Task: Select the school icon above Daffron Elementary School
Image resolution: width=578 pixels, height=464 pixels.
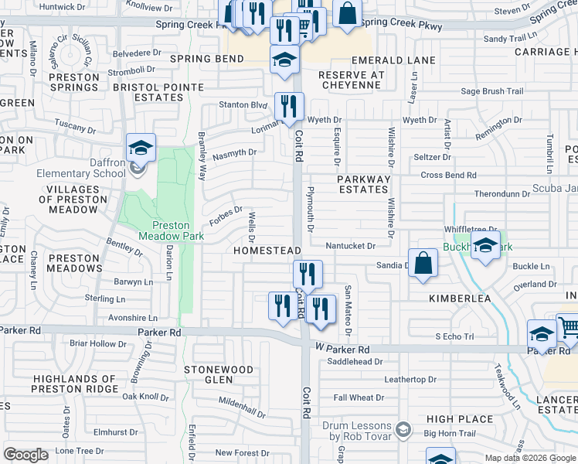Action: [x=141, y=148]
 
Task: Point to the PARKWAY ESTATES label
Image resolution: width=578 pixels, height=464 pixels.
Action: [x=364, y=184]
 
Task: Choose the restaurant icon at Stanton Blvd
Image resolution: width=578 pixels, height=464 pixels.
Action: [x=290, y=107]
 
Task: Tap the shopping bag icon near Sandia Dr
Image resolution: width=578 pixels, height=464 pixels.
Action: [x=424, y=263]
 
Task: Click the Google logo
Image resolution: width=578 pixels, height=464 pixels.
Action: [x=25, y=455]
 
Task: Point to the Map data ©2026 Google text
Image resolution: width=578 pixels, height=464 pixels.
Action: [x=530, y=458]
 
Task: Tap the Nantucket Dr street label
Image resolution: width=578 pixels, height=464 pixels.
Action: [x=350, y=246]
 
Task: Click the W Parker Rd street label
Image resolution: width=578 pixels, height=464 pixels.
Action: [x=343, y=349]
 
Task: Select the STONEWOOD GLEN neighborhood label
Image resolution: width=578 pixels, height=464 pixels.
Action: [x=219, y=374]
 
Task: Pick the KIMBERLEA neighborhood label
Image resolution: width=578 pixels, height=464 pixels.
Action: [x=461, y=298]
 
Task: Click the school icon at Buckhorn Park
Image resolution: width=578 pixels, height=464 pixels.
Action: [x=485, y=247]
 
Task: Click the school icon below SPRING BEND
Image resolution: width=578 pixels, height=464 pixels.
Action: [x=285, y=60]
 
